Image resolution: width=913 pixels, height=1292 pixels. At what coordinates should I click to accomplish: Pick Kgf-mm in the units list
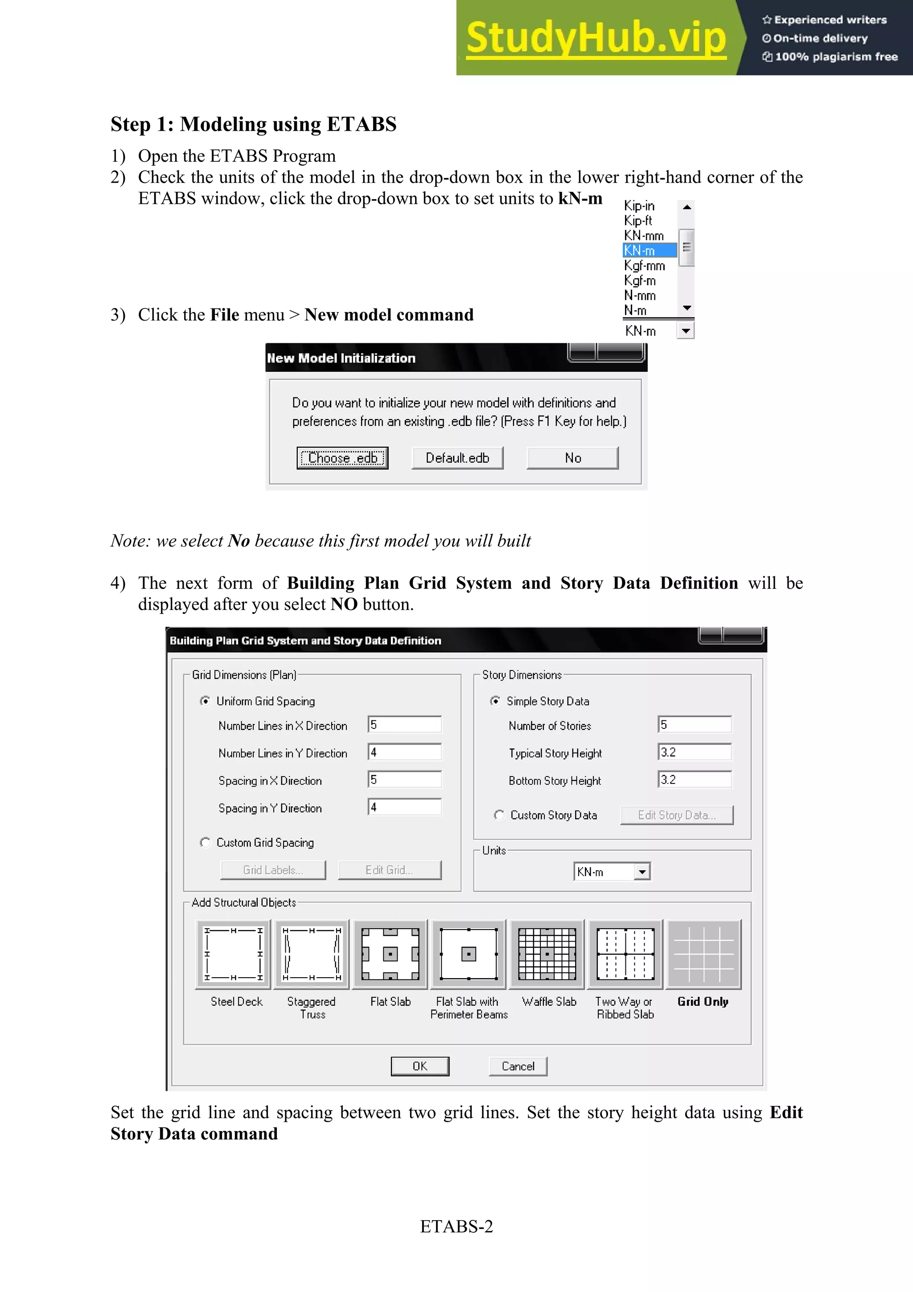(645, 266)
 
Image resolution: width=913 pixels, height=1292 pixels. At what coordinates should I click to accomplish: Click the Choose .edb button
(342, 458)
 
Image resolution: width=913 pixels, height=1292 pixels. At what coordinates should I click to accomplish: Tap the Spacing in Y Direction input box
(404, 807)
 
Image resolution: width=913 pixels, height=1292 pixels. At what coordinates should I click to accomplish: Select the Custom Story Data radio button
(499, 815)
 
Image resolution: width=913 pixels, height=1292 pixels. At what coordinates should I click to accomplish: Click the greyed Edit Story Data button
(676, 815)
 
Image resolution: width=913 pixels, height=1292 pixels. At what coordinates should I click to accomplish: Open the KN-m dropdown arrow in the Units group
(642, 872)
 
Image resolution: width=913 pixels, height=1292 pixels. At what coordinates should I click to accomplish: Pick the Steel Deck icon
(233, 955)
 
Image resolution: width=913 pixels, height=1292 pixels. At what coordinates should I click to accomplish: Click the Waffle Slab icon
(547, 955)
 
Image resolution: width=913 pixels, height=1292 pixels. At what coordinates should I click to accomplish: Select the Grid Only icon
(703, 955)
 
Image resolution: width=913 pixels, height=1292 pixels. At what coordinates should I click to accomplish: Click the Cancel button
(518, 1066)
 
